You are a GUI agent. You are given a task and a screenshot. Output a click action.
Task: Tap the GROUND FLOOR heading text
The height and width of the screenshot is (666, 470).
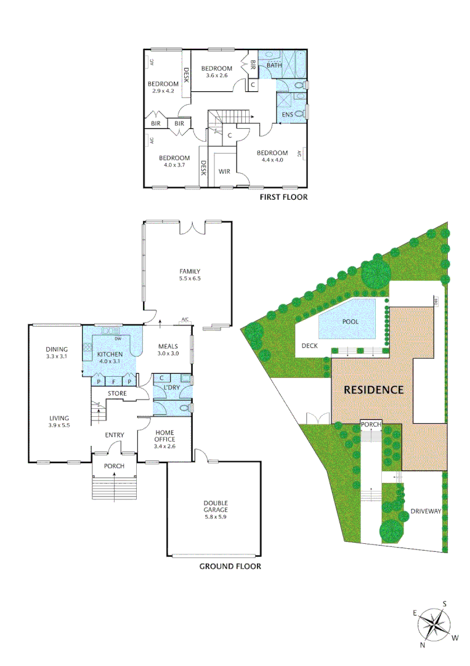[x=230, y=566]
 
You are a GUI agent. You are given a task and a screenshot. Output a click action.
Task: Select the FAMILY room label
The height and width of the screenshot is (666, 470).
[x=190, y=271]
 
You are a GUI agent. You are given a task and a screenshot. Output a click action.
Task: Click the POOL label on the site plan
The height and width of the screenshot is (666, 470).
[x=350, y=322]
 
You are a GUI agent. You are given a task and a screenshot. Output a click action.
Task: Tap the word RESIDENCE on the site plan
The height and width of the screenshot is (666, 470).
[x=373, y=390]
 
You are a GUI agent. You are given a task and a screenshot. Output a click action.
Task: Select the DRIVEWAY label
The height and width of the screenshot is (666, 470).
[x=427, y=512]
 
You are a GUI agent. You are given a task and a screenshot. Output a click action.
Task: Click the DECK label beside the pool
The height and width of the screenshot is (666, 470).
[x=309, y=346]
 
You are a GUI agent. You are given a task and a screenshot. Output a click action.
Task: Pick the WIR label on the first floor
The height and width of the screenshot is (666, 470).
[x=224, y=171]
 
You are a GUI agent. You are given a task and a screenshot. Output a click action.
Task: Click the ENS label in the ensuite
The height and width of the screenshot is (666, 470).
[x=288, y=115]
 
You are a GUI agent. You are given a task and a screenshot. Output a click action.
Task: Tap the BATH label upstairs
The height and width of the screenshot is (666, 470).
[x=274, y=65]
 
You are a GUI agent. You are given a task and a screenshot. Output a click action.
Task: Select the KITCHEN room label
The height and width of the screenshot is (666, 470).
[x=110, y=355]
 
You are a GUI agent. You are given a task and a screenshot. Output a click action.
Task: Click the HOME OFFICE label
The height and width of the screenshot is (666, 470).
[x=166, y=435]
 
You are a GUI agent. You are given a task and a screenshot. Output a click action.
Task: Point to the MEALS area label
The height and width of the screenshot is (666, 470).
[x=168, y=347]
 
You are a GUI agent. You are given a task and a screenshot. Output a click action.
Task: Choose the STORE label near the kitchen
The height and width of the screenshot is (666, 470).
[x=117, y=393]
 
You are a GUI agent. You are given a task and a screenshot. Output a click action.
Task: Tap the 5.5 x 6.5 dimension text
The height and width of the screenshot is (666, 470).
[x=190, y=279]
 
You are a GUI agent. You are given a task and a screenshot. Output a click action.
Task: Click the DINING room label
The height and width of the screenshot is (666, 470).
[x=57, y=349]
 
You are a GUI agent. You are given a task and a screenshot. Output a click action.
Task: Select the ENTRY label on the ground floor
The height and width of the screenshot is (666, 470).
[x=115, y=435]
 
